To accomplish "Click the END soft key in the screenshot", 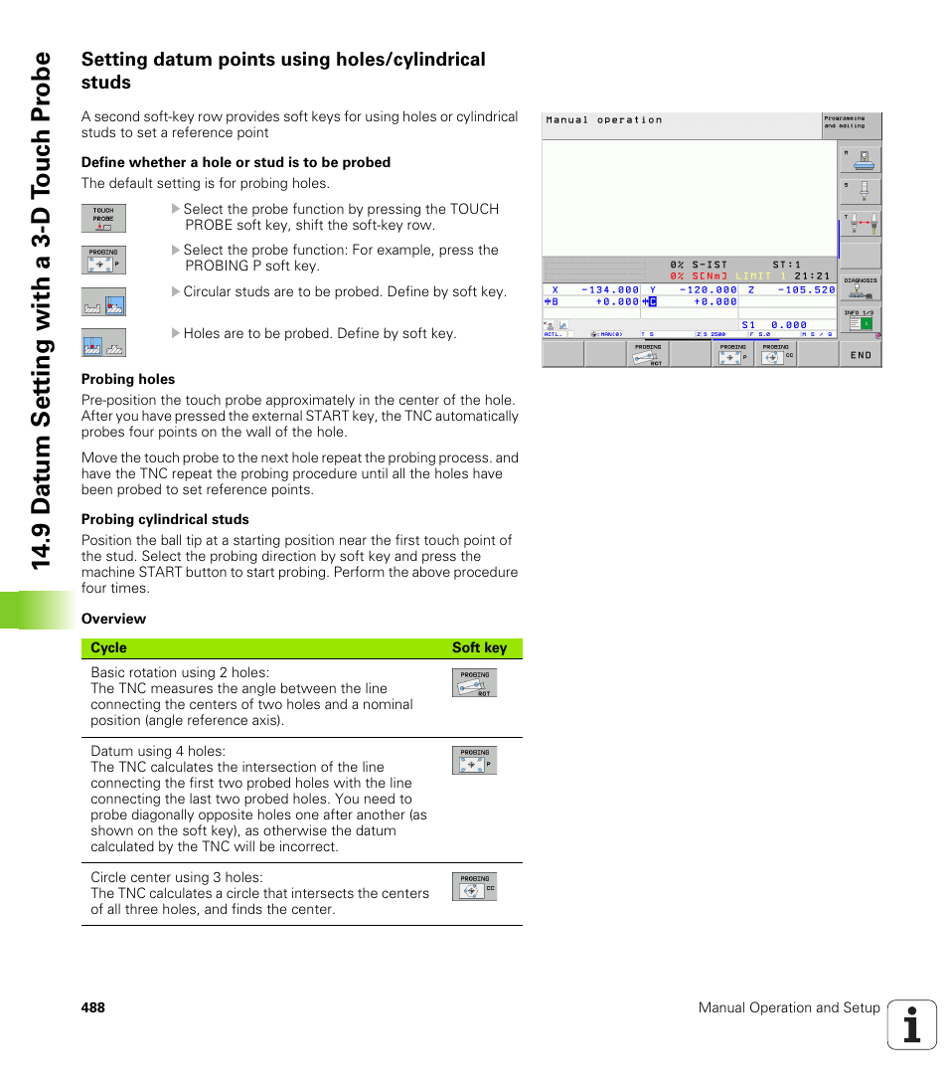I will (861, 355).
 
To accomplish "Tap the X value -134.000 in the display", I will (610, 290).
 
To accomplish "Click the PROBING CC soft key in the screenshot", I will (776, 354).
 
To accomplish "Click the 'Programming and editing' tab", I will (851, 122).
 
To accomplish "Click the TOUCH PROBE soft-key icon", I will (103, 218).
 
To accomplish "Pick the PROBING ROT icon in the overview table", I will (474, 682).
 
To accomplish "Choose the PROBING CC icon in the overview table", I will (474, 886).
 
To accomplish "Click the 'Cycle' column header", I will (108, 648).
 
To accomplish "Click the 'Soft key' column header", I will (479, 648).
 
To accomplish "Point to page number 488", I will (93, 1007).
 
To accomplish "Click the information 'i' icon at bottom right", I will (911, 1024).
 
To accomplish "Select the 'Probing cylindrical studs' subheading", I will (165, 519).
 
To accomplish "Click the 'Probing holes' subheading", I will (128, 379).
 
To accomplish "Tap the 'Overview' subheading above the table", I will (113, 619).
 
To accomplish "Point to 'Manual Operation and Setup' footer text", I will (789, 1007).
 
